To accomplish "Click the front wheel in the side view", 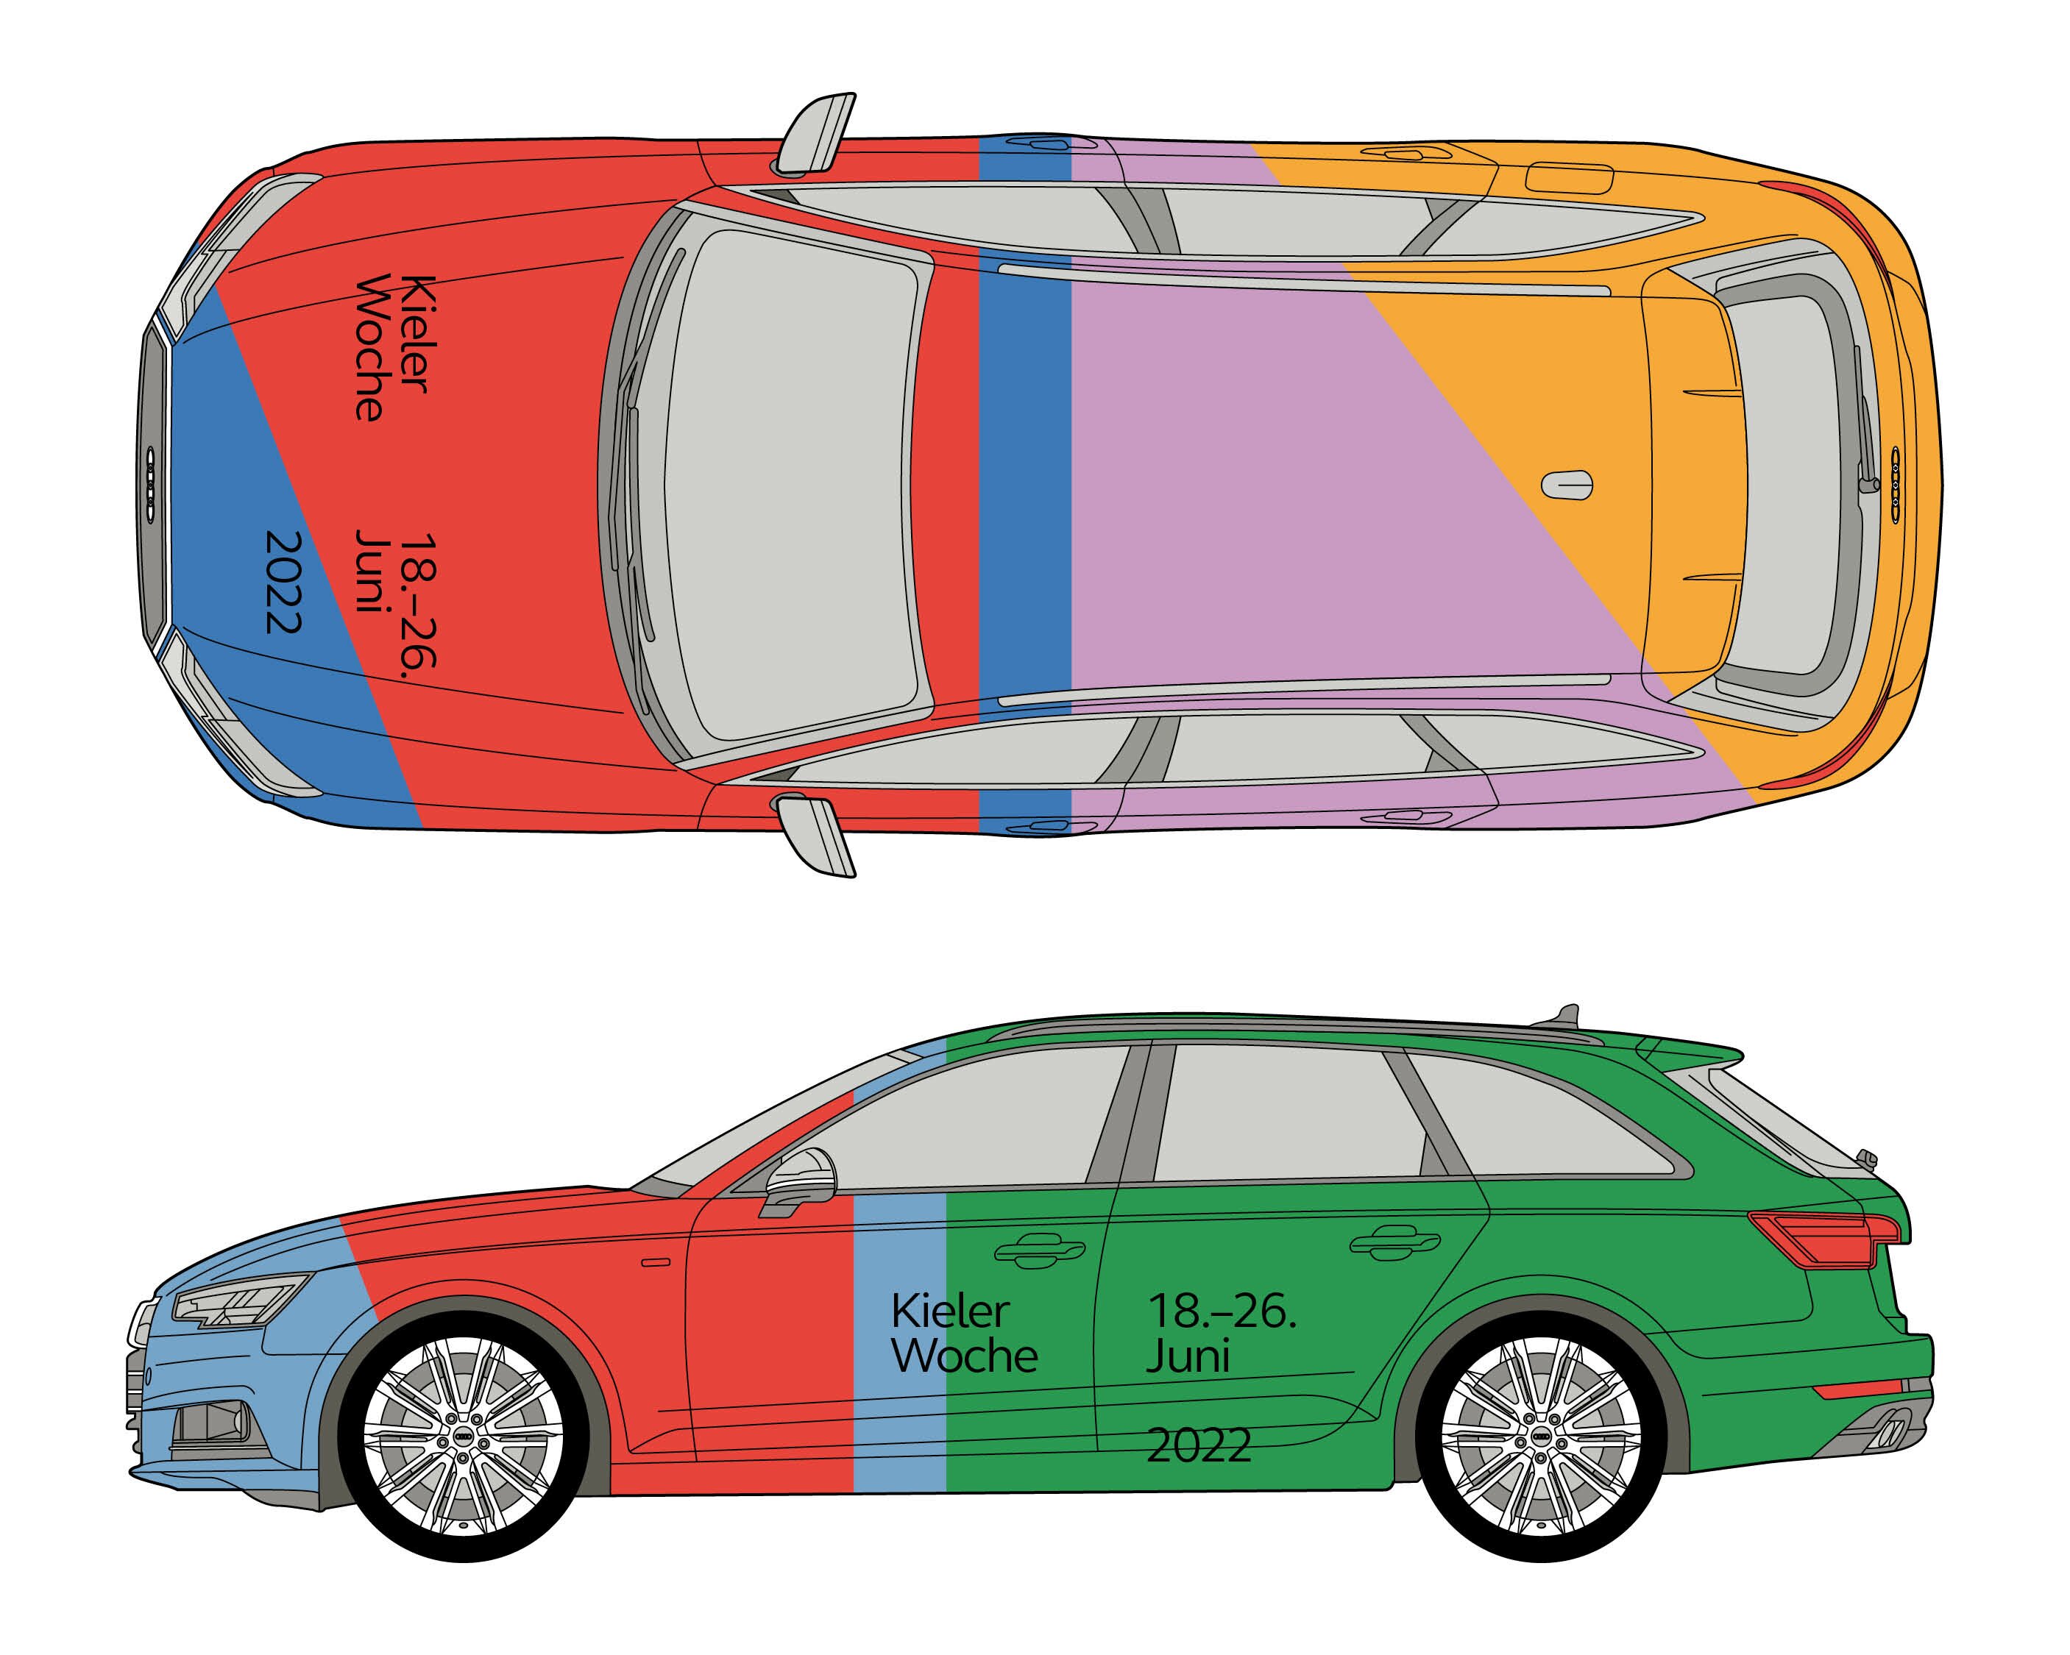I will pyautogui.click(x=464, y=1438).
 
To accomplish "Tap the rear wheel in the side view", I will pyautogui.click(x=1541, y=1438).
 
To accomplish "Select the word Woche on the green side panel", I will pyautogui.click(x=964, y=1356).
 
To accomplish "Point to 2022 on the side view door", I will pyautogui.click(x=1199, y=1445).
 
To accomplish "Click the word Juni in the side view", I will pyautogui.click(x=1188, y=1356).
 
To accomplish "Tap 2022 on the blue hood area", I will pyautogui.click(x=284, y=582).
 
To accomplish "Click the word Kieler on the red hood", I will pyautogui.click(x=417, y=334).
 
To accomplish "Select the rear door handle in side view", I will pyautogui.click(x=1394, y=1242).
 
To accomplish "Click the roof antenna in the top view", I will pyautogui.click(x=1567, y=485).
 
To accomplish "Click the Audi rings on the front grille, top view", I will pyautogui.click(x=151, y=485).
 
